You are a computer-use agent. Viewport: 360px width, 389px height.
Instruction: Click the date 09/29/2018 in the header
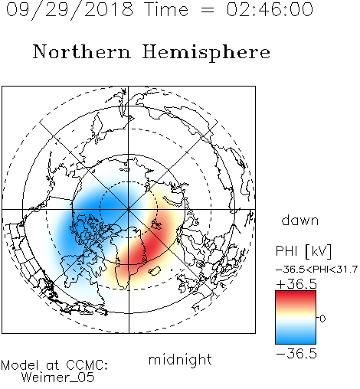(70, 10)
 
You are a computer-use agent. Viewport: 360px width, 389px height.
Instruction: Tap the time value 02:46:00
(270, 9)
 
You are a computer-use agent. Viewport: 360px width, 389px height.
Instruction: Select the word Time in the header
(166, 9)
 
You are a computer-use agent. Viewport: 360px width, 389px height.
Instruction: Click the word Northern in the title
(82, 51)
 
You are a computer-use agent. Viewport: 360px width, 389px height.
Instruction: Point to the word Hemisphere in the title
(206, 52)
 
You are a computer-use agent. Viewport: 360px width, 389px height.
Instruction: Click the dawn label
(300, 220)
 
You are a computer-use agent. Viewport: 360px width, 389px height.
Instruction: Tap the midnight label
(180, 360)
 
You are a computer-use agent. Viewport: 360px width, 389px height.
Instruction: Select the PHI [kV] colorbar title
(303, 251)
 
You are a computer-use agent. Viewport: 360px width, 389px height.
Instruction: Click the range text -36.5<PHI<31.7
(316, 270)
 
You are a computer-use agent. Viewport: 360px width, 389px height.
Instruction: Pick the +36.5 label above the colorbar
(296, 284)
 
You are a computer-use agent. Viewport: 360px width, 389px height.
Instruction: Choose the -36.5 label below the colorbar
(296, 354)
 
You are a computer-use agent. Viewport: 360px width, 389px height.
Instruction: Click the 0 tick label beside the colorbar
(322, 319)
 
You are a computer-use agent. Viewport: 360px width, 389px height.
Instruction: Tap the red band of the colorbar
(296, 296)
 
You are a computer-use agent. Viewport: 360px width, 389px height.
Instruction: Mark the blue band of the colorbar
(296, 338)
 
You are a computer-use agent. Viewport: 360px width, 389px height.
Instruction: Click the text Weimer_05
(58, 378)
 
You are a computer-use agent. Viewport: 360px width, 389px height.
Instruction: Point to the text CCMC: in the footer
(87, 365)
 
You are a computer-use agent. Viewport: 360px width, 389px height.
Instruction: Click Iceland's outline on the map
(154, 271)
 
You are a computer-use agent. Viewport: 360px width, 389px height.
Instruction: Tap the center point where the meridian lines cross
(129, 210)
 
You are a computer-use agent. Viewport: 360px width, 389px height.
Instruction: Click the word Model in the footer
(21, 365)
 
